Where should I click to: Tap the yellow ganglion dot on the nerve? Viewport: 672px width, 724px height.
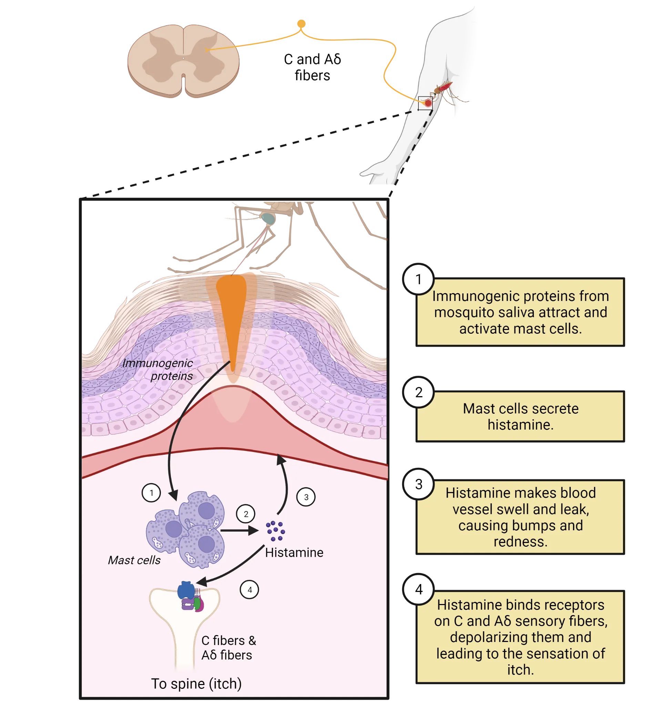point(301,24)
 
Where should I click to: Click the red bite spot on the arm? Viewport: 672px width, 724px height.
point(428,103)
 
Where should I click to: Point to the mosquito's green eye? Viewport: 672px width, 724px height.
point(268,218)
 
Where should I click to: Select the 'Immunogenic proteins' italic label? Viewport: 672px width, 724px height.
point(158,369)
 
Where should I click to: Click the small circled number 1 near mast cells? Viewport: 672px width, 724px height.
point(151,493)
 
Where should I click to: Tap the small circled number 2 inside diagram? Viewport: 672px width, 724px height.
point(246,514)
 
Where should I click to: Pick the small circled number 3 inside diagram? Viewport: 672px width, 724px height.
point(306,497)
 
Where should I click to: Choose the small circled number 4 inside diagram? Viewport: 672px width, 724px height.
point(250,590)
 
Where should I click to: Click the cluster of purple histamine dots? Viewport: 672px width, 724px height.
point(275,531)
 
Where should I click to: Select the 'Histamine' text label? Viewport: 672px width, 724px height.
point(294,552)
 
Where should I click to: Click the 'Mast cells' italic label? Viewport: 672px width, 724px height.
point(134,560)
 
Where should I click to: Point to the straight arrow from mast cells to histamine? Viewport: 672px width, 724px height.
point(238,531)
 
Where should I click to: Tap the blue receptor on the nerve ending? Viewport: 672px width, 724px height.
point(186,590)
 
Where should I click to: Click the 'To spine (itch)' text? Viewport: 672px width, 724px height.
point(196,684)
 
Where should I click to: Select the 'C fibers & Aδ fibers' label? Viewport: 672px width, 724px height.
point(228,647)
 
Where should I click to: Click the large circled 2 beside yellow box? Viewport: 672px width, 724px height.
point(419,392)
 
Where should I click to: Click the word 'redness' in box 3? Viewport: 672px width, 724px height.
point(520,542)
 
